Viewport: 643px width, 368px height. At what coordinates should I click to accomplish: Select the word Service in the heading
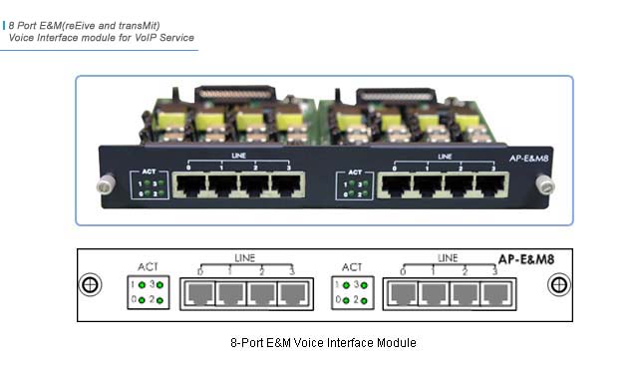click(x=176, y=37)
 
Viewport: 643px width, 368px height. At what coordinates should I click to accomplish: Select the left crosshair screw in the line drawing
click(x=91, y=284)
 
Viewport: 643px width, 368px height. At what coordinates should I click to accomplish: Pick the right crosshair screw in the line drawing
click(x=555, y=284)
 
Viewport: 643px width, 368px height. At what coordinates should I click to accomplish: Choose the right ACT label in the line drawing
click(x=352, y=267)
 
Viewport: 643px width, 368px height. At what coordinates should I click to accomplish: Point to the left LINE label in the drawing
click(x=244, y=259)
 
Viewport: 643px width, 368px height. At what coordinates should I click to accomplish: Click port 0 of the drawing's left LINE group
click(x=199, y=294)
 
